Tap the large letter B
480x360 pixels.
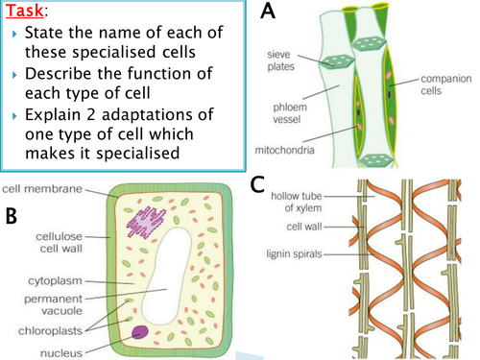[12, 217]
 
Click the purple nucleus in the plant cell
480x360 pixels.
[141, 333]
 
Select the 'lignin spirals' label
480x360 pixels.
[304, 254]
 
